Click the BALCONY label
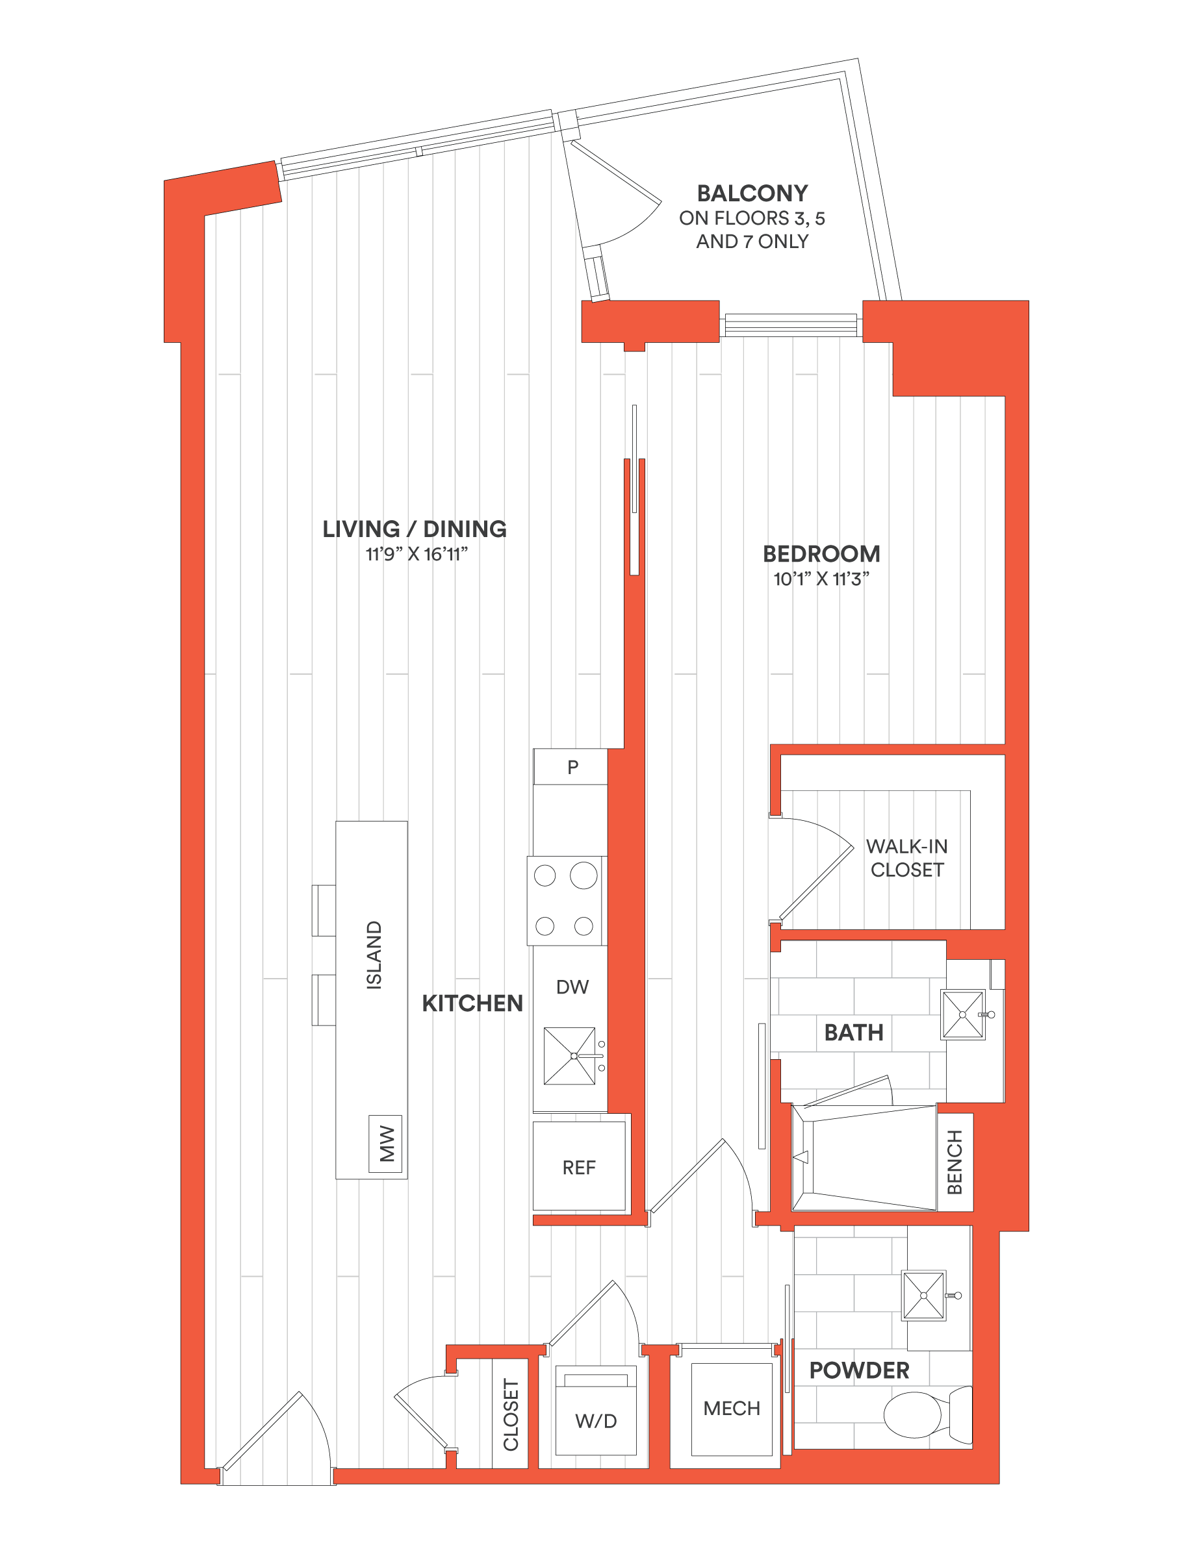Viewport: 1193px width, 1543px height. [x=752, y=194]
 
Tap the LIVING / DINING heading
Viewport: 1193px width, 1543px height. [x=415, y=529]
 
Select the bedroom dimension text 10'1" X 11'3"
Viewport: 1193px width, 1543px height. [x=821, y=579]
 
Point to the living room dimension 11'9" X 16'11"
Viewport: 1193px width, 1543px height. [x=417, y=555]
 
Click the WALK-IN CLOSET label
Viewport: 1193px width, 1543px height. [x=906, y=859]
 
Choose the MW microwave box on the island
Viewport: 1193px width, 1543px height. [x=385, y=1144]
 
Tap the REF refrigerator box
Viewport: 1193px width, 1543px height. [x=579, y=1166]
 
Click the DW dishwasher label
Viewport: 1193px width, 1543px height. [x=572, y=987]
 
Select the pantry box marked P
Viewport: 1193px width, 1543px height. [x=571, y=766]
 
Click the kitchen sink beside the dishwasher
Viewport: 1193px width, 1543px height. [x=570, y=1056]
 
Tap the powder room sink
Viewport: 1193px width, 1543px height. [x=924, y=1296]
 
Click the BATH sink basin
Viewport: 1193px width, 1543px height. [x=962, y=1014]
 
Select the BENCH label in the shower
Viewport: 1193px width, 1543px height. [x=955, y=1162]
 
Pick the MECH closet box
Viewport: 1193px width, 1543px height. [x=732, y=1409]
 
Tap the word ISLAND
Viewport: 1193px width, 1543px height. [x=374, y=955]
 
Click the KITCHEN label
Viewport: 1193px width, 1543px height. [x=472, y=1003]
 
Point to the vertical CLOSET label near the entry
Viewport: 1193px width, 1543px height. [x=511, y=1414]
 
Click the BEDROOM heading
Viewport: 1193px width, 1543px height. [x=821, y=554]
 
